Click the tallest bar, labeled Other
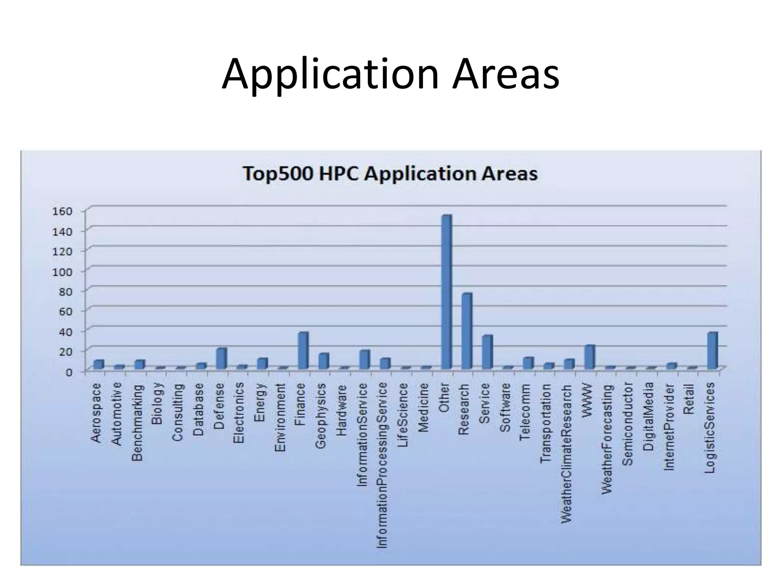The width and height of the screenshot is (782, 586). [446, 292]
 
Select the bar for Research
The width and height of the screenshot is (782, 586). [467, 331]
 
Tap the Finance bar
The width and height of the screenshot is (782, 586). [303, 350]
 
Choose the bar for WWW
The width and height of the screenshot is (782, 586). [590, 357]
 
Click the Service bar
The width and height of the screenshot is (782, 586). [487, 352]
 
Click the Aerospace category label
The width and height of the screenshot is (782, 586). [97, 413]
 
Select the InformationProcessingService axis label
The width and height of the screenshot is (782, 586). [382, 465]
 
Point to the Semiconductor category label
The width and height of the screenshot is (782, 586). [627, 424]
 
